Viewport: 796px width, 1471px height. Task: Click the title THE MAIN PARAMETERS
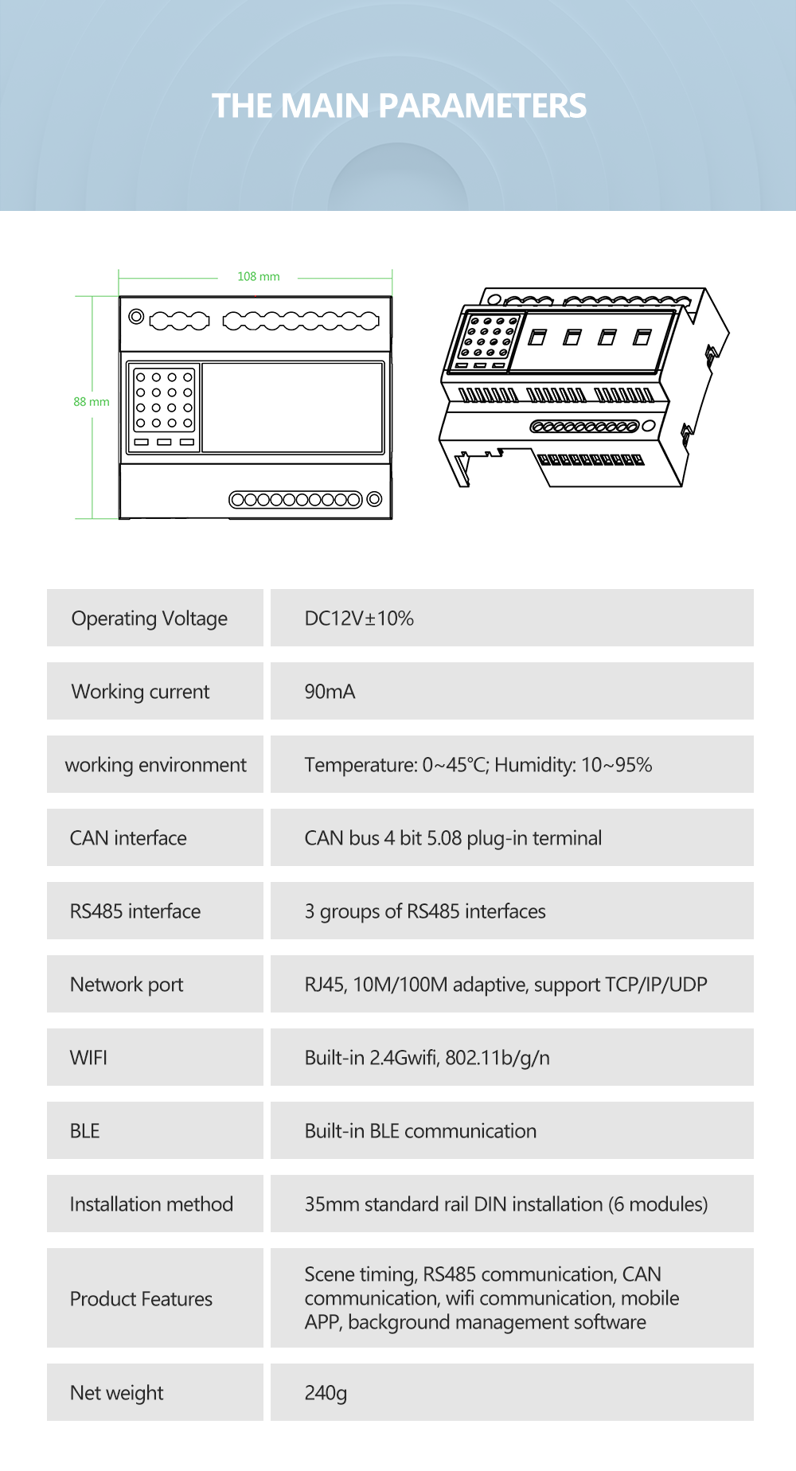(x=399, y=106)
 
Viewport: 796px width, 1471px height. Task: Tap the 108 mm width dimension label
(x=258, y=277)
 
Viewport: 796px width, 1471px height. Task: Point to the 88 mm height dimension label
(x=92, y=402)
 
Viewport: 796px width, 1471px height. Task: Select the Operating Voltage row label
(x=150, y=618)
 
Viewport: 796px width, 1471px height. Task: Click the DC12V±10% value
(x=359, y=618)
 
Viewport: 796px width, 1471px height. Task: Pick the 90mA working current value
(x=330, y=692)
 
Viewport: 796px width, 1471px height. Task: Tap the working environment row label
(x=155, y=765)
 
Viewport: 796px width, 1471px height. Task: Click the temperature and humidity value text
(x=478, y=765)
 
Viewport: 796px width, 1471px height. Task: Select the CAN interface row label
(x=128, y=838)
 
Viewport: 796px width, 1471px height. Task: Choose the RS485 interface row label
(x=135, y=911)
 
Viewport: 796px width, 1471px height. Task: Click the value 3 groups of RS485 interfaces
(x=425, y=911)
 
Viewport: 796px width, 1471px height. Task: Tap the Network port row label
(x=127, y=985)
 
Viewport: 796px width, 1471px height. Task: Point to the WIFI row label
(x=88, y=1058)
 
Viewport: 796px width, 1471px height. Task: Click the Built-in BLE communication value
(x=420, y=1131)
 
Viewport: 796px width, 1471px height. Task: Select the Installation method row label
(x=151, y=1204)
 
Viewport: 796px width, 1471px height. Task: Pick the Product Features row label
(x=141, y=1299)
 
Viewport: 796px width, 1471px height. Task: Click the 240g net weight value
(x=326, y=1393)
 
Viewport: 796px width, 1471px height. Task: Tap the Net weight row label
(x=116, y=1393)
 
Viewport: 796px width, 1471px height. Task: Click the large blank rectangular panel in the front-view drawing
(x=293, y=408)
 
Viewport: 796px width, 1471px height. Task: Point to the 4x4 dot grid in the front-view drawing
(x=164, y=400)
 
